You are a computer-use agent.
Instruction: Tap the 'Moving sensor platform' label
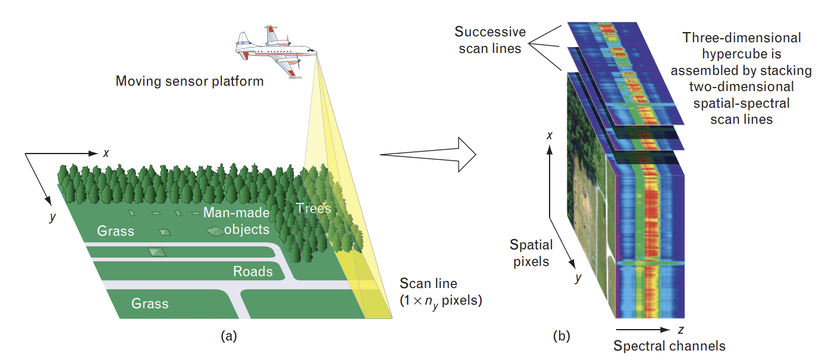[x=189, y=80]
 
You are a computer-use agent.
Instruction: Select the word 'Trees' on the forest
[x=313, y=208]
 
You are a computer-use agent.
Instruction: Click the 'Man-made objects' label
[x=236, y=221]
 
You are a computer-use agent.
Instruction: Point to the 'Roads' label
[x=253, y=272]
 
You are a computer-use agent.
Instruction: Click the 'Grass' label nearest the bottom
[x=150, y=303]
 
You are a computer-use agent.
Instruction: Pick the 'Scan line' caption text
[x=428, y=283]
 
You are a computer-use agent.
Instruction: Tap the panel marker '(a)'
[x=228, y=336]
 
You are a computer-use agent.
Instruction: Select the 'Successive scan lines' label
[x=490, y=40]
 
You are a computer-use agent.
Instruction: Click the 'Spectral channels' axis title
[x=669, y=346]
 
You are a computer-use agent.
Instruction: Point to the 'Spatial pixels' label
[x=531, y=252]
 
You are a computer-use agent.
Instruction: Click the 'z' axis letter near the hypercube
[x=680, y=329]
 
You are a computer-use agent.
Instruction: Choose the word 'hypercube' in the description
[x=741, y=54]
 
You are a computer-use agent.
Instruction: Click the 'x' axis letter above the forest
[x=106, y=153]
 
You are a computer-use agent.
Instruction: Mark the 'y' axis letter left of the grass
[x=52, y=217]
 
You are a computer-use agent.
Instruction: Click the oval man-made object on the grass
[x=215, y=230]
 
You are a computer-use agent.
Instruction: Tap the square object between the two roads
[x=157, y=252]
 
